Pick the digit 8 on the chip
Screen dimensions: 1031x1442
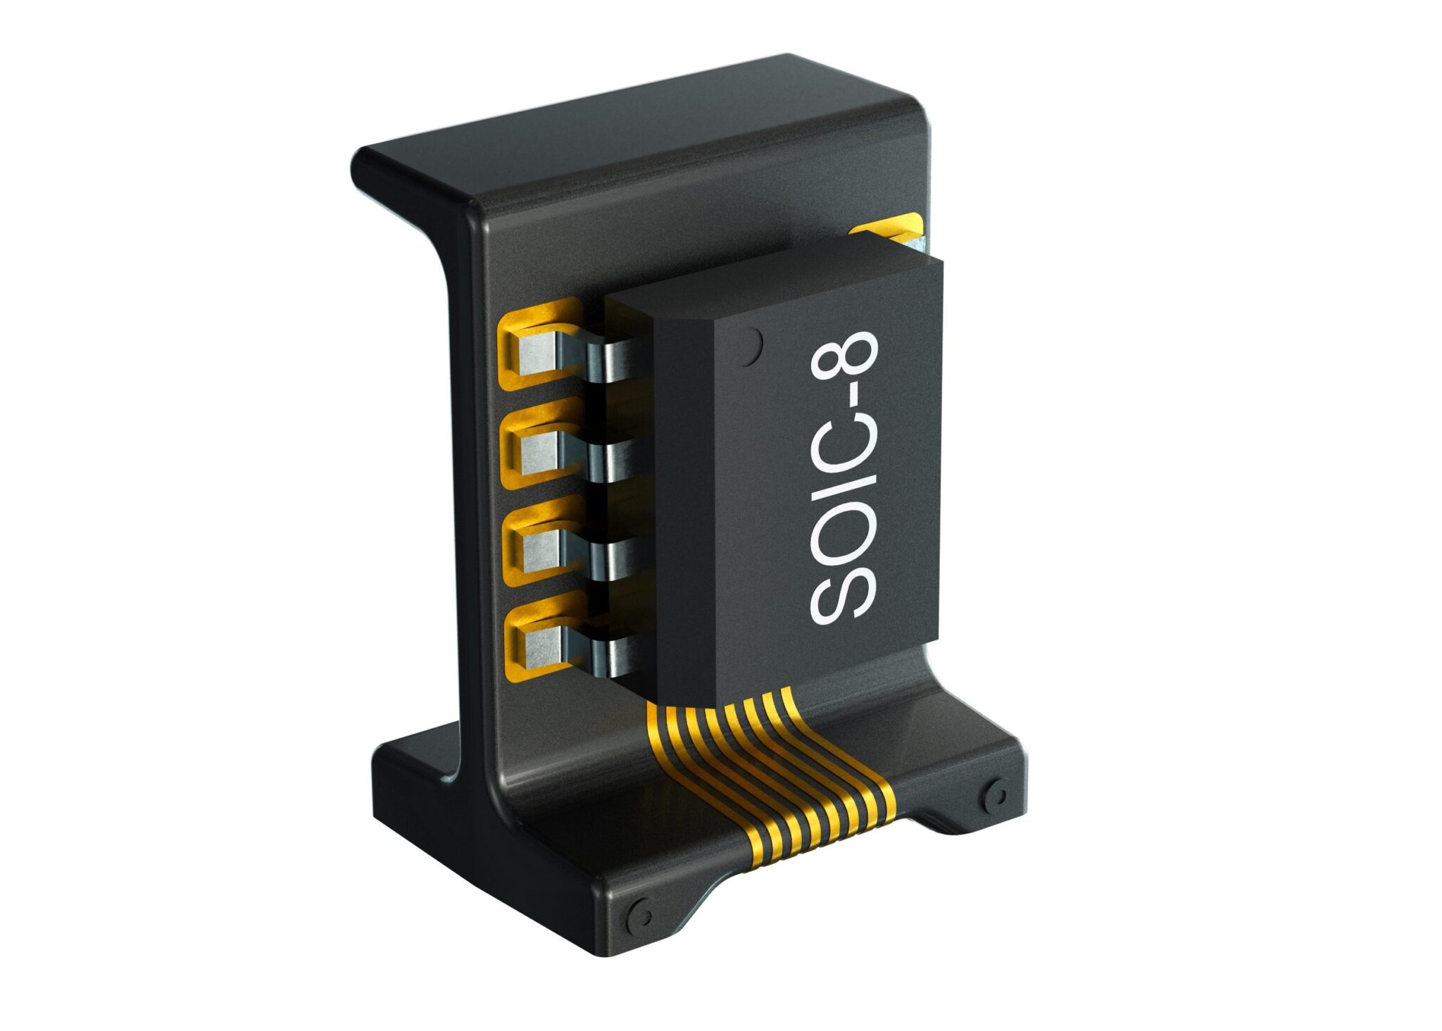843,358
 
